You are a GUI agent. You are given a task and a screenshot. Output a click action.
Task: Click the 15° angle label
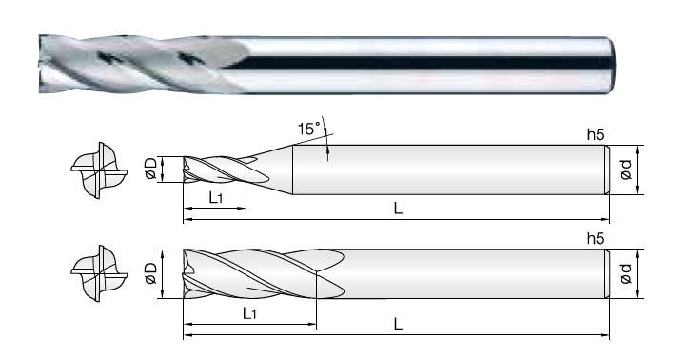[x=310, y=129]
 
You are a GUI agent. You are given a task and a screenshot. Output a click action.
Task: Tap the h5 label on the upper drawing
[x=596, y=135]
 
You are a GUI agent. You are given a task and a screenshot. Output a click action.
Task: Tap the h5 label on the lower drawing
[x=596, y=239]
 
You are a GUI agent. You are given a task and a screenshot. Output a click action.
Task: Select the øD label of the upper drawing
[x=150, y=169]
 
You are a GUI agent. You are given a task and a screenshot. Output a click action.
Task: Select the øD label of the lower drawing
[x=150, y=273]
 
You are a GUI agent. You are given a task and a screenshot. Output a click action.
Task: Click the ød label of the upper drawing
[x=625, y=170]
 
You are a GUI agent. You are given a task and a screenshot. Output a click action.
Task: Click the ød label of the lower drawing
[x=625, y=273]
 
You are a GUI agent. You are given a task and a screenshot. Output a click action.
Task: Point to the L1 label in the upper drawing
[x=216, y=198]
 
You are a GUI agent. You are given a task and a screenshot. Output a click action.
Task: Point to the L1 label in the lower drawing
[x=249, y=313]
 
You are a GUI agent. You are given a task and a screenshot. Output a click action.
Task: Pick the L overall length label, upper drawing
[x=398, y=209]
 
